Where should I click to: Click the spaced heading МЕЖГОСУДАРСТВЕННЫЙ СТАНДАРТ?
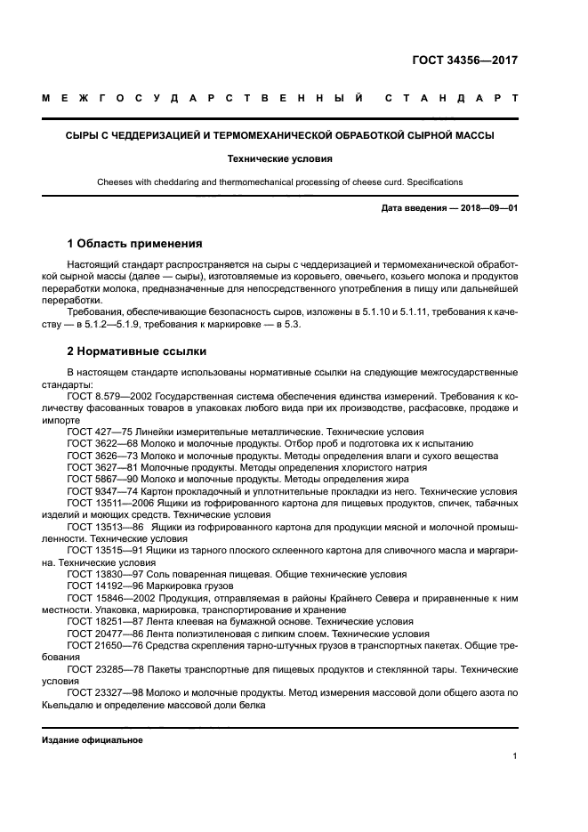279,99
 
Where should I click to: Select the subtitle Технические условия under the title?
278,159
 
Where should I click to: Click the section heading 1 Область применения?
134,243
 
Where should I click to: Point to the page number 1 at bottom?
514,756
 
